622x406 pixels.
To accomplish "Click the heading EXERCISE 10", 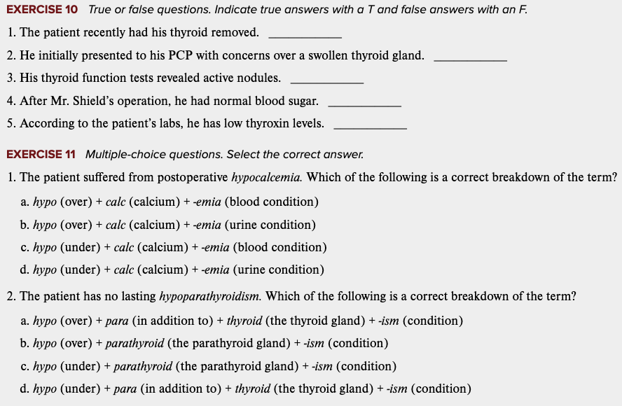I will pos(42,9).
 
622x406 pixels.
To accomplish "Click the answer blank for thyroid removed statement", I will pos(305,35).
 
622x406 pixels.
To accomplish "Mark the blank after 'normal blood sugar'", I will pos(364,104).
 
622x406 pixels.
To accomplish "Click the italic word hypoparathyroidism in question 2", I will pos(210,296).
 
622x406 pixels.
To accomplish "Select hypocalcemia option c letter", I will pos(25,247).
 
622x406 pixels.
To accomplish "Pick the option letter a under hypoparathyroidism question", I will pos(25,321).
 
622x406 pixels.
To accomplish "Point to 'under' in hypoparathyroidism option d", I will pos(80,388).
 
